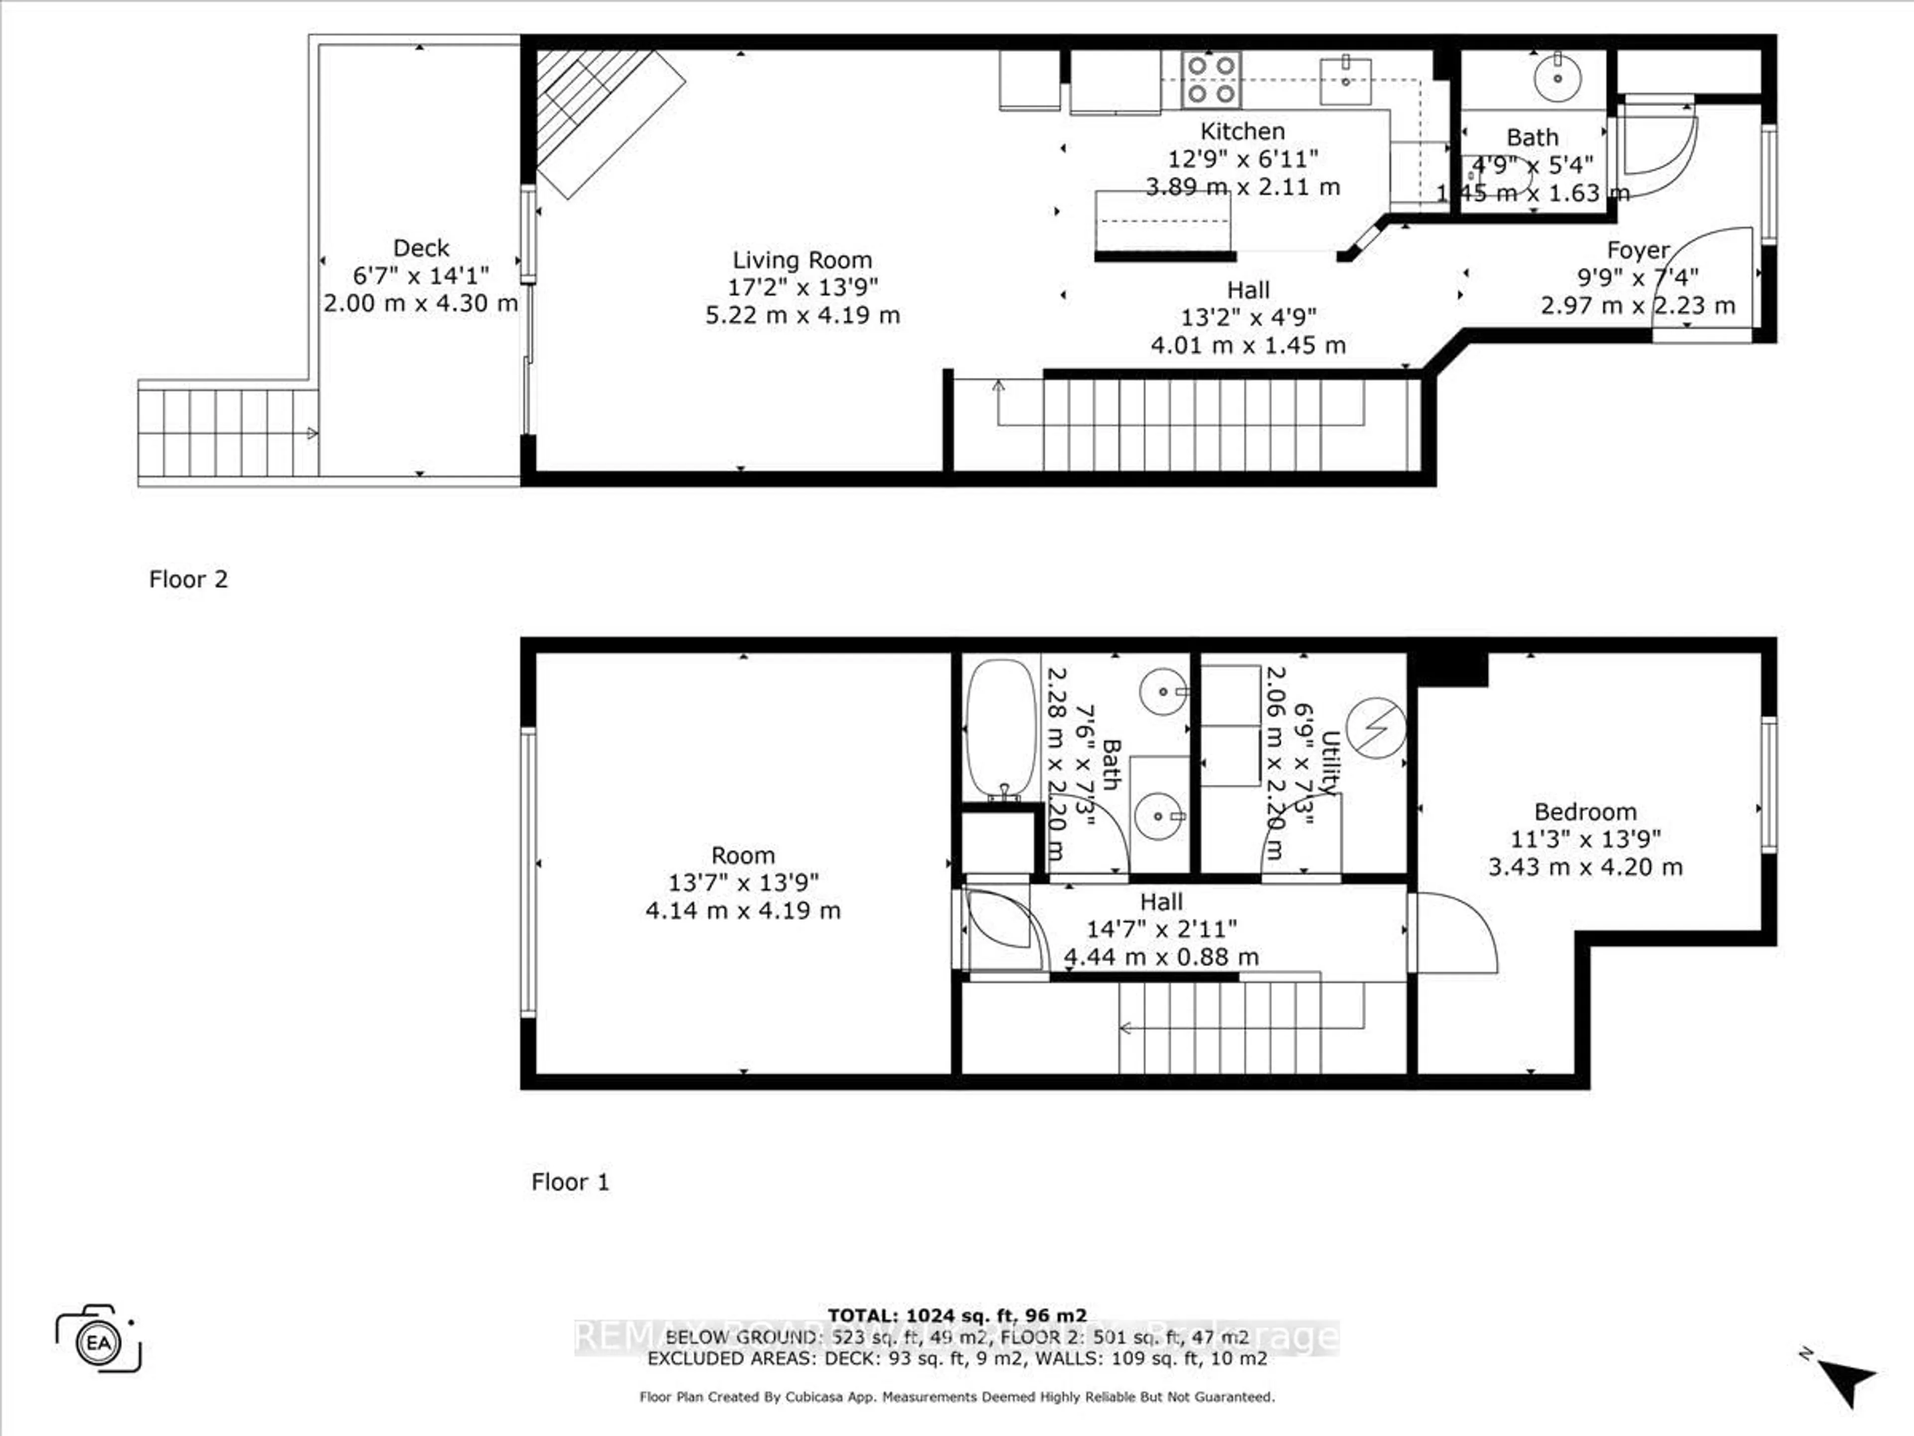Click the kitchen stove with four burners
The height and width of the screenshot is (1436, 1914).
[1211, 79]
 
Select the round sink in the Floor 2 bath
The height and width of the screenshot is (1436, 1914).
[1558, 78]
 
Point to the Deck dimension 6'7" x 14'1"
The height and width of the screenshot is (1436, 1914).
[421, 275]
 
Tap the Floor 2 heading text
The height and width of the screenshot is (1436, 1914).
[188, 579]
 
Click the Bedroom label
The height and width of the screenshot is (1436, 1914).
[1585, 812]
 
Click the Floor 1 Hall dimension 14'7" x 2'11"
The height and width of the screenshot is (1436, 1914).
[1161, 929]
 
